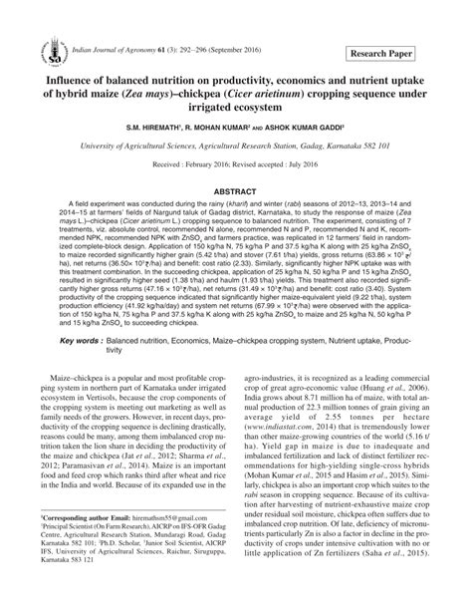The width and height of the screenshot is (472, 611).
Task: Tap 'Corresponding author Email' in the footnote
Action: pyautogui.click(x=95, y=548)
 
